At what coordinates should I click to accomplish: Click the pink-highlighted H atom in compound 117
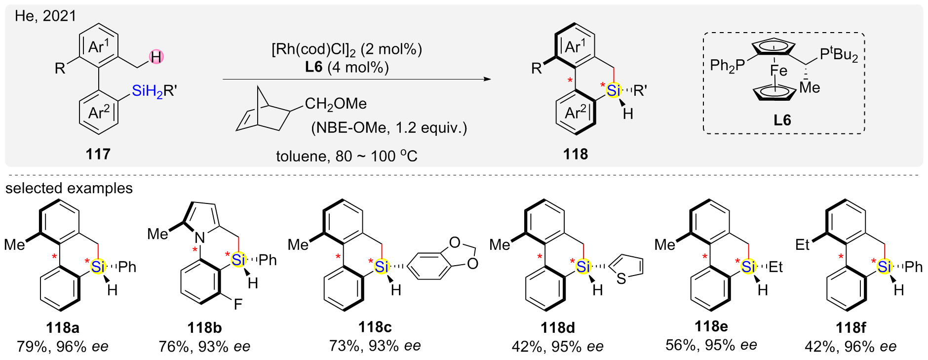point(156,57)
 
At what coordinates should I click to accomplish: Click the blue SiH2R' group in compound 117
point(154,91)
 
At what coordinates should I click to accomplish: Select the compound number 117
point(98,154)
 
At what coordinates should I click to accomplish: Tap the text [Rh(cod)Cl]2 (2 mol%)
point(347,49)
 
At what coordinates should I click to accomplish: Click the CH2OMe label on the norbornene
point(336,104)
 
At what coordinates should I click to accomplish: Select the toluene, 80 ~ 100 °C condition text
point(347,156)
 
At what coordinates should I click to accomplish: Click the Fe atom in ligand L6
point(778,71)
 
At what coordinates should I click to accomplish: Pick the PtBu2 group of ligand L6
point(839,54)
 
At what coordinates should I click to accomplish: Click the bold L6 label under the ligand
point(782,120)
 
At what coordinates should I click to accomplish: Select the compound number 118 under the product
point(576,154)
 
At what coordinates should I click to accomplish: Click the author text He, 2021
point(45,16)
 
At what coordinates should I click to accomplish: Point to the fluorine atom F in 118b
point(238,304)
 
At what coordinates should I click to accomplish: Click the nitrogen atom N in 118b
point(200,239)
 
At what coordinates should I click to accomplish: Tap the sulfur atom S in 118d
point(621,280)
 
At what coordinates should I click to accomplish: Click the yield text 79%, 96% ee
point(63,346)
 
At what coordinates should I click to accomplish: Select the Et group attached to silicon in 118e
point(775,267)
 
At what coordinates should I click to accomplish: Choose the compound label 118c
point(375,327)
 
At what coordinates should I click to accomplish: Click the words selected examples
point(69,188)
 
